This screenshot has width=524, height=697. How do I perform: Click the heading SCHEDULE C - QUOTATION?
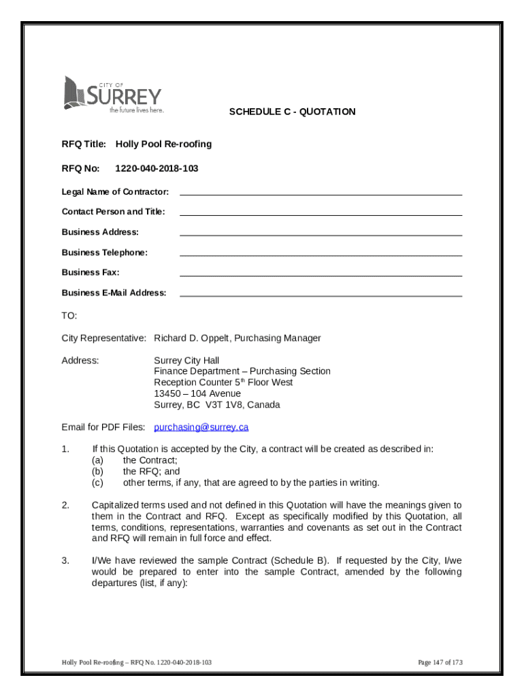292,112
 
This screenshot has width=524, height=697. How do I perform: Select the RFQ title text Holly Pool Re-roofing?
163,144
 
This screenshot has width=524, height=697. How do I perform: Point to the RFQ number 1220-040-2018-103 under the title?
157,168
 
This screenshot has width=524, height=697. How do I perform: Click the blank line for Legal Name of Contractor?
321,192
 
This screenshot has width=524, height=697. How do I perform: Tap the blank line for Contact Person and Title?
321,212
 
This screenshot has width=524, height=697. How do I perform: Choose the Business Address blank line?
321,233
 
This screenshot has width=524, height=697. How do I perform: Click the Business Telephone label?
104,253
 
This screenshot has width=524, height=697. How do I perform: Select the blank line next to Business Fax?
321,273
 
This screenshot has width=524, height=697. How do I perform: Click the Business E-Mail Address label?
114,293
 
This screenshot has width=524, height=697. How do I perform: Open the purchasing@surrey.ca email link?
201,427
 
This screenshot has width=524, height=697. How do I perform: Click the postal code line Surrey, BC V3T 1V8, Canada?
216,405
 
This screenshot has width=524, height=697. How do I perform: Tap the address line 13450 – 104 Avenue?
197,393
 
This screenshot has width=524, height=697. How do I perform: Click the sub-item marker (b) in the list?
97,472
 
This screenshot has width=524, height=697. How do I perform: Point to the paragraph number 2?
65,505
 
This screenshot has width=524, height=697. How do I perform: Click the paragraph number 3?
65,561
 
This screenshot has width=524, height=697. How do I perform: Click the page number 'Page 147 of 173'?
440,662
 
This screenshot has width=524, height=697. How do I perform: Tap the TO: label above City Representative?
69,316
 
